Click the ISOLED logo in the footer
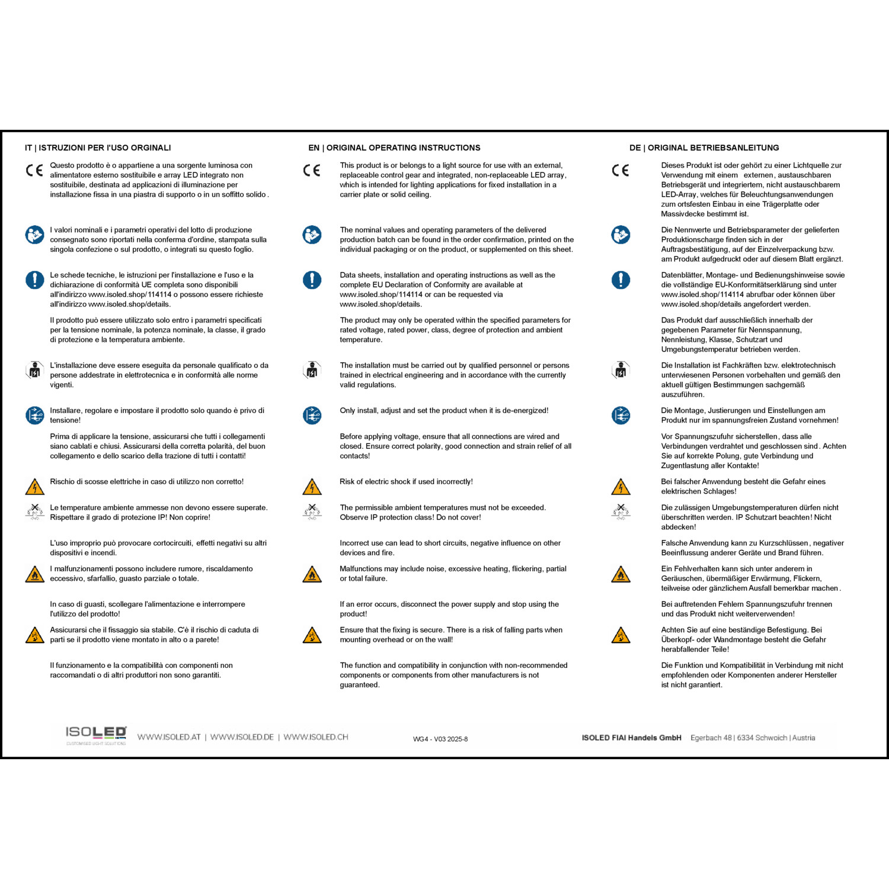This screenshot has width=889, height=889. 96,734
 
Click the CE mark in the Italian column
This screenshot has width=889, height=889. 34,171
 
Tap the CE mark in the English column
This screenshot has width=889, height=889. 312,171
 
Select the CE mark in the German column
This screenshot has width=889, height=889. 621,171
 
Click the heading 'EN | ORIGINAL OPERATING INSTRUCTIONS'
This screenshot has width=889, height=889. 394,148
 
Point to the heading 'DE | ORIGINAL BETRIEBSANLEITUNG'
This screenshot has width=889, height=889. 704,148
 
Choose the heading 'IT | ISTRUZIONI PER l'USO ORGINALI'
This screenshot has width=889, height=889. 98,148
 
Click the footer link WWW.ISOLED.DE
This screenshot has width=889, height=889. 242,737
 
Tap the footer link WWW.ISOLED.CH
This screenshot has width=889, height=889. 316,737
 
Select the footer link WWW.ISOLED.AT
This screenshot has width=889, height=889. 169,737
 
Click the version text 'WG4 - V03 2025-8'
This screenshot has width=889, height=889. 440,739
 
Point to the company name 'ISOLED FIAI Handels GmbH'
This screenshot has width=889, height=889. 631,738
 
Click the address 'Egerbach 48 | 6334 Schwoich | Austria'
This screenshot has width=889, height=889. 753,738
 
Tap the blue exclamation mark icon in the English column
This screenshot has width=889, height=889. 312,280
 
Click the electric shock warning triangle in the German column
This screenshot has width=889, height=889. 621,487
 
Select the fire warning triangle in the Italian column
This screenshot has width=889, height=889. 34,574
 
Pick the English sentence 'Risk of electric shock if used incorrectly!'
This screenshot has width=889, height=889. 406,482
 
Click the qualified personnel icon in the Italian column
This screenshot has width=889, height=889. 34,370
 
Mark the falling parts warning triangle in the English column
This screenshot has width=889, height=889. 312,635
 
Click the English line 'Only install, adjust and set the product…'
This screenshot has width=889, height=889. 444,411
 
